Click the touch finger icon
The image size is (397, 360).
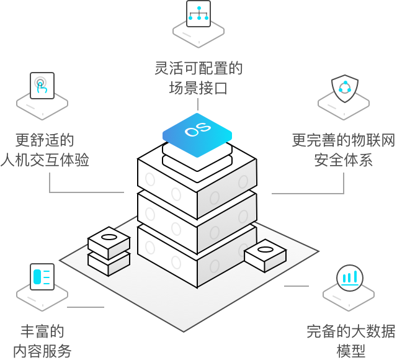pos(42,86)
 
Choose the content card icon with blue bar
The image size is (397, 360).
pos(42,276)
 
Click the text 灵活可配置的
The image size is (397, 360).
pos(198,68)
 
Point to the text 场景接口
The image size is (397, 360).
pos(198,88)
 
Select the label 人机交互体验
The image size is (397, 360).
pos(45,160)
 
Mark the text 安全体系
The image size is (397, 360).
pos(343,160)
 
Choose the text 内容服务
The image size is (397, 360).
pos(42,351)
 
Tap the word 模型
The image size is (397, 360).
pos(350,351)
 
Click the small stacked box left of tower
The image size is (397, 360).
pos(109,251)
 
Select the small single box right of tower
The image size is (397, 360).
pos(265,255)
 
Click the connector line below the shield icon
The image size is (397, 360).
pos(343,184)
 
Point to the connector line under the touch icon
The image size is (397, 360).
pos(50,183)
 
